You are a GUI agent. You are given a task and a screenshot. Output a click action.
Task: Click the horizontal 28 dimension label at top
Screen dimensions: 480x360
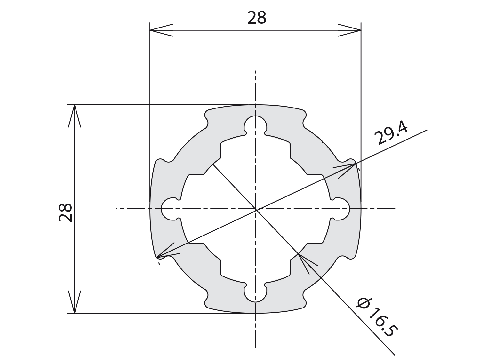click(257, 18)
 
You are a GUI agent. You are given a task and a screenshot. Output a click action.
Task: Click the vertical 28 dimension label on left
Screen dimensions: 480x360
click(65, 213)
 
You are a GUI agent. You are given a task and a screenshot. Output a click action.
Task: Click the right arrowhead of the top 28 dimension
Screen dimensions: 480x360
click(349, 30)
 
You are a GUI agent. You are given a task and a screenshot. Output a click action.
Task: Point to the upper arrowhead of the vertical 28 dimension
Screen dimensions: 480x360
click(75, 116)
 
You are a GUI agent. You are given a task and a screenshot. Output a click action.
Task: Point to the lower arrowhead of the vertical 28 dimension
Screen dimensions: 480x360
click(75, 302)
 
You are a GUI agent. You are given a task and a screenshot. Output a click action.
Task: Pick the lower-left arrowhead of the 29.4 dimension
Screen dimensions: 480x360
click(167, 251)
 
